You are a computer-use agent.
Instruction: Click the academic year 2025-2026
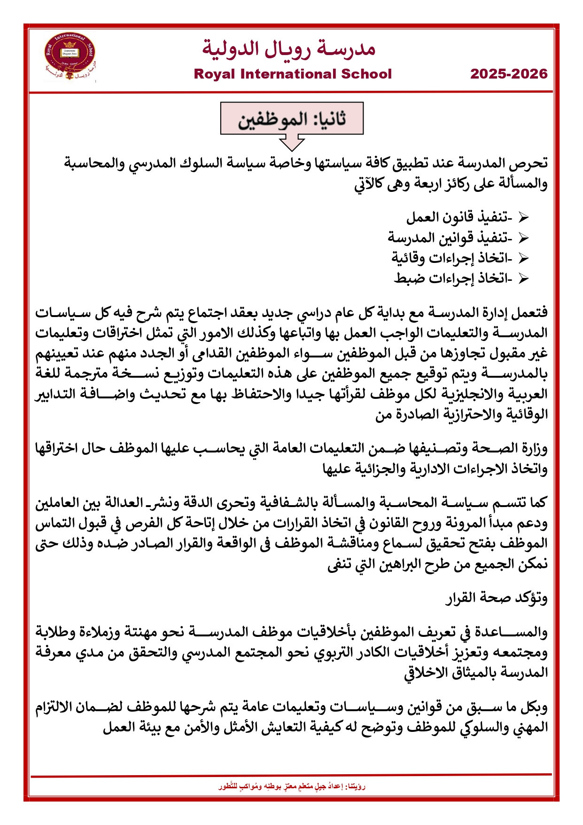point(509,74)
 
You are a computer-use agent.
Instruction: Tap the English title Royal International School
point(292,74)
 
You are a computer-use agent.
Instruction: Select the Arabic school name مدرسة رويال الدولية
point(288,48)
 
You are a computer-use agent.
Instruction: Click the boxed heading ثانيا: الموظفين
point(292,119)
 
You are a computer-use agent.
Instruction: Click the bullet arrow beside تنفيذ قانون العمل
point(523,218)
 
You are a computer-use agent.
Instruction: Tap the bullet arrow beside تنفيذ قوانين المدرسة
point(523,238)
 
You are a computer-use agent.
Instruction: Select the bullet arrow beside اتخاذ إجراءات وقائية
point(523,258)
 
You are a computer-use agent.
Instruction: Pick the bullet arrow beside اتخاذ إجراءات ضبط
point(523,278)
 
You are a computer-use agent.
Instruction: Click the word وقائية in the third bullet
point(408,258)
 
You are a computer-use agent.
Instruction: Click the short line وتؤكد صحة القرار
point(497,598)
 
